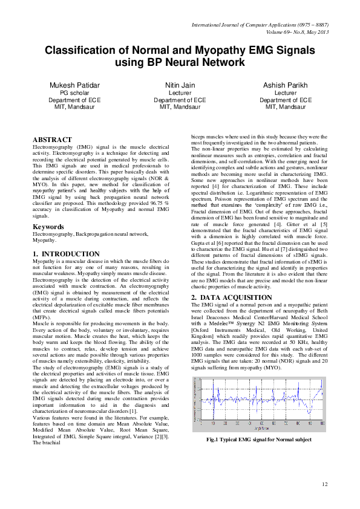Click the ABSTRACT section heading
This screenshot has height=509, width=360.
[56, 140]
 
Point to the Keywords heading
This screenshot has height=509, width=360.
[50, 227]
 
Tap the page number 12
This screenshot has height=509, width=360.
[325, 484]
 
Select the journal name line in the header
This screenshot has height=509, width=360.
[260, 25]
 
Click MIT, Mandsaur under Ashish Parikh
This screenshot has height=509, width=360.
[286, 107]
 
